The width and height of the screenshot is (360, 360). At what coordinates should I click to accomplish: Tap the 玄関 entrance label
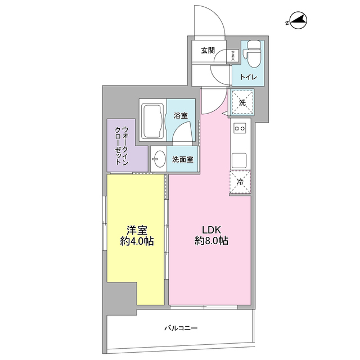click(x=208, y=50)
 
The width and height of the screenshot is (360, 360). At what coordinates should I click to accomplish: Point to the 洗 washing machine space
click(x=242, y=102)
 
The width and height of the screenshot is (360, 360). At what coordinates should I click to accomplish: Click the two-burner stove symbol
click(x=241, y=129)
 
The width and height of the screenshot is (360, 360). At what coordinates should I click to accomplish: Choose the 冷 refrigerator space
click(x=240, y=182)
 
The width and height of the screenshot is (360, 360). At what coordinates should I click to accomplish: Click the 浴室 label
click(x=180, y=116)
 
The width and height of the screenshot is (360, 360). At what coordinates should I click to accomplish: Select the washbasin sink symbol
click(x=158, y=159)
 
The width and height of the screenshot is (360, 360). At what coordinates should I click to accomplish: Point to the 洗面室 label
click(x=183, y=159)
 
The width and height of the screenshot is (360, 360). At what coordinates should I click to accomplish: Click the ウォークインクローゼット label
click(x=121, y=146)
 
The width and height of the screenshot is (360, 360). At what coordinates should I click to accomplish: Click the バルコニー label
click(x=181, y=327)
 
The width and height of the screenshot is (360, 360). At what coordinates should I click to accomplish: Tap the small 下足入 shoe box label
click(x=233, y=55)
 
